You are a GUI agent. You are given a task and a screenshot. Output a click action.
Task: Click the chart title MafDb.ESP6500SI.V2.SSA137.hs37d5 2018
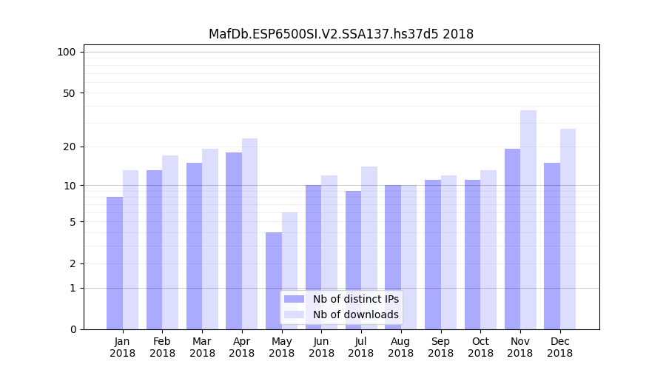tap(340, 34)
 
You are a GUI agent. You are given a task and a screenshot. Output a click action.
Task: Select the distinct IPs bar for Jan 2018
tap(115, 263)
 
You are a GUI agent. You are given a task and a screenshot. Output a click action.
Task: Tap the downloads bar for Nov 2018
tap(528, 220)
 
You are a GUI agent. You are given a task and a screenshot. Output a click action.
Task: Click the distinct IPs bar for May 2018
tap(274, 280)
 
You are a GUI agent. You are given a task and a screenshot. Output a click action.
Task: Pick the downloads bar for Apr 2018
tap(250, 234)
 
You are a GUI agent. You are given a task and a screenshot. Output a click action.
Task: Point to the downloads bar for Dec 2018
tap(568, 229)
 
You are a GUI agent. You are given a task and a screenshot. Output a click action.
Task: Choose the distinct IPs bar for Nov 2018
tap(512, 239)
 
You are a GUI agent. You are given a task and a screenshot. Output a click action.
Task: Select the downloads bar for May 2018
tap(290, 271)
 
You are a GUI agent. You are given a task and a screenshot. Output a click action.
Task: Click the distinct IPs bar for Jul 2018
tap(353, 260)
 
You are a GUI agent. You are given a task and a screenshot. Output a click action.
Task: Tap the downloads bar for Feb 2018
tap(170, 242)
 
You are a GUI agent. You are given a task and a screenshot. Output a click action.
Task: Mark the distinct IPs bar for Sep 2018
tap(433, 255)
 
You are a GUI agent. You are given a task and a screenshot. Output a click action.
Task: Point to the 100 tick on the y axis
tap(67, 52)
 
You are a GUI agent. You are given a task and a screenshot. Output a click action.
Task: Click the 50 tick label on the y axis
tap(69, 93)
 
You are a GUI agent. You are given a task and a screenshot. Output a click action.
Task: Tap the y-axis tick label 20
tap(69, 147)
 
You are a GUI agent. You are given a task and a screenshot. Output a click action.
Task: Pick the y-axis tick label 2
tap(73, 263)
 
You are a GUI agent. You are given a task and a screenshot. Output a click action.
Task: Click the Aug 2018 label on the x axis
tap(400, 347)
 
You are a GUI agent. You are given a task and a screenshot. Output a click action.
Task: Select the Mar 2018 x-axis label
tap(202, 347)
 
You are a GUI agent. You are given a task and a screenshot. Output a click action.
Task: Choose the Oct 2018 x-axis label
tap(480, 347)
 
